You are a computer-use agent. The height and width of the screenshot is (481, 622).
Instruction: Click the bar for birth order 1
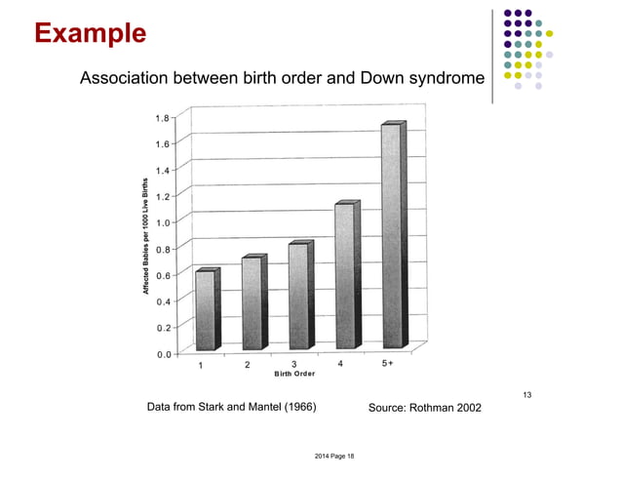pos(205,310)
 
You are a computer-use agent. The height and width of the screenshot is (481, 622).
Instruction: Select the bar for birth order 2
pos(252,303)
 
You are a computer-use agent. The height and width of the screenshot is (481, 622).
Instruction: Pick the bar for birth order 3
pos(298,297)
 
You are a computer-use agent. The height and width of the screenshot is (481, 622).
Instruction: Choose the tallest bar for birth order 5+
pos(391,236)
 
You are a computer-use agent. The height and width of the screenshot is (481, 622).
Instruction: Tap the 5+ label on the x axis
pos(387,364)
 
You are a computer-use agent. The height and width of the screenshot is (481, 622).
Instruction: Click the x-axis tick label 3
pos(294,365)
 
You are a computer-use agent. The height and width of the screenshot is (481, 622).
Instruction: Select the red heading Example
pos(90,34)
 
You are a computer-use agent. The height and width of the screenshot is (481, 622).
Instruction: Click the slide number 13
pos(527,394)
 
